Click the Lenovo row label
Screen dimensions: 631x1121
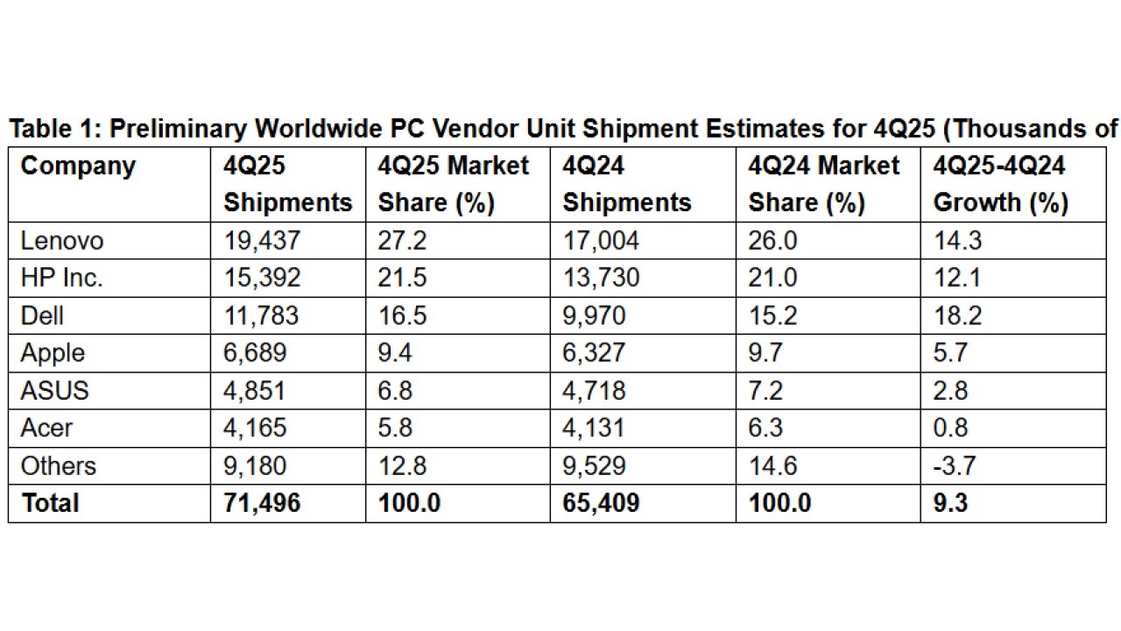tap(61, 240)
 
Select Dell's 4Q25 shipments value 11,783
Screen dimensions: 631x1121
tap(262, 315)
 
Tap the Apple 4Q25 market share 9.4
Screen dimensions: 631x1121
tap(397, 353)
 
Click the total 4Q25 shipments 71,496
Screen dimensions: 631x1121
tap(262, 503)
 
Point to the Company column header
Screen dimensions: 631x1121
tap(78, 166)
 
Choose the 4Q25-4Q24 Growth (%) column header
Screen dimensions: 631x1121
tap(1000, 184)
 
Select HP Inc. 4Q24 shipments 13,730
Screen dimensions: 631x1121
tap(601, 278)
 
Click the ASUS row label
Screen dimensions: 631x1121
tap(55, 390)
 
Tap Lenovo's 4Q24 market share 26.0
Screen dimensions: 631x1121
tap(772, 240)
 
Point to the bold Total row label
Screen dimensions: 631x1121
tap(50, 503)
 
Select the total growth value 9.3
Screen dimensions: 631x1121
tap(951, 503)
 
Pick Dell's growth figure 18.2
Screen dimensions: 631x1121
tap(957, 315)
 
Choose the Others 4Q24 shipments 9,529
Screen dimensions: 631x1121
tap(594, 465)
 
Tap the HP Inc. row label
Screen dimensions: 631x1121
tap(61, 278)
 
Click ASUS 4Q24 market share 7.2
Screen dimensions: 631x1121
tap(766, 390)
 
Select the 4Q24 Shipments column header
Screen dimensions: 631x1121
tap(626, 184)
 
